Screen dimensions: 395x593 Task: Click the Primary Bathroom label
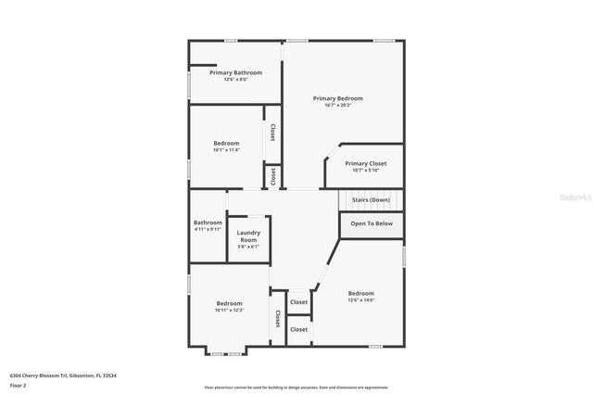[x=235, y=72]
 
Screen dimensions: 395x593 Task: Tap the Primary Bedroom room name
[x=337, y=98]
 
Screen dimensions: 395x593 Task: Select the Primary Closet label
[x=365, y=163]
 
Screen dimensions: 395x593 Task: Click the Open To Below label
[x=372, y=223]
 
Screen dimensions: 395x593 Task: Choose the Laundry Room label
[x=248, y=236]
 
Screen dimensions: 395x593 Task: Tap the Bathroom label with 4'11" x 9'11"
[x=208, y=223]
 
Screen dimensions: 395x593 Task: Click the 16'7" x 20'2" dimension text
[x=337, y=106]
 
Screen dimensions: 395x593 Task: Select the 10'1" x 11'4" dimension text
[x=227, y=150]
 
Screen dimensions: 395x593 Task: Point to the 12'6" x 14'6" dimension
[x=360, y=300]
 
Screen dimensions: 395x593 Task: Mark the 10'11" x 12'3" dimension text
[x=229, y=311]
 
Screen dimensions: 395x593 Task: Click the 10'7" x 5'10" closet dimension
[x=365, y=171]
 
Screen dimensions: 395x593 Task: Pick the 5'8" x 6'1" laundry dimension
[x=248, y=247]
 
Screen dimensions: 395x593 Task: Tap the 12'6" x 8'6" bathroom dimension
[x=235, y=80]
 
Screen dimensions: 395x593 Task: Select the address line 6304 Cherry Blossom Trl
[x=64, y=376]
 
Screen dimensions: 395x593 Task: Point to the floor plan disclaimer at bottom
[x=296, y=388]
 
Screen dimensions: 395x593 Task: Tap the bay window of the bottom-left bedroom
[x=226, y=351]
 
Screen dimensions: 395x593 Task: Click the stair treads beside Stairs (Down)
[x=357, y=199]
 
